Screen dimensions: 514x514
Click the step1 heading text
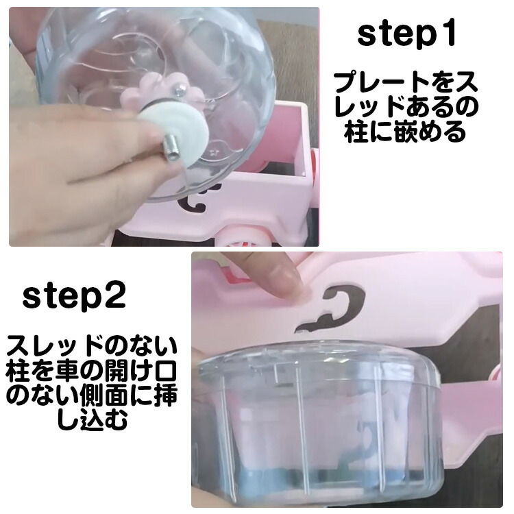[x=406, y=35]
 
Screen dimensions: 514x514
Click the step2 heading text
[x=74, y=297]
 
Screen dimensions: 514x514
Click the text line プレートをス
[x=406, y=82]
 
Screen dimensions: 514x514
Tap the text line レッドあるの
[x=406, y=107]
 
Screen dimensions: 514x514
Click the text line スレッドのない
[x=92, y=347]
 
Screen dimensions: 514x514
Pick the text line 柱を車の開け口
[x=92, y=371]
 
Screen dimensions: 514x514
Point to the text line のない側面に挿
[x=92, y=395]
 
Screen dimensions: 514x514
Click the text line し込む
[x=93, y=419]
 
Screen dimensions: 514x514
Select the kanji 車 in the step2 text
[x=68, y=371]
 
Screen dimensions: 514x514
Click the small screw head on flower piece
[x=180, y=89]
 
